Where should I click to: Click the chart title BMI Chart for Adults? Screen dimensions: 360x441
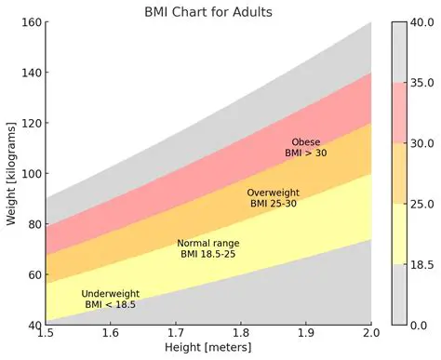pyautogui.click(x=208, y=12)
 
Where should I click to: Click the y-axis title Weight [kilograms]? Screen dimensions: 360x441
pyautogui.click(x=10, y=173)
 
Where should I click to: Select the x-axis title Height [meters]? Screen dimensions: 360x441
pyautogui.click(x=208, y=347)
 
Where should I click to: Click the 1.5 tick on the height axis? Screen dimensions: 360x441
pyautogui.click(x=45, y=332)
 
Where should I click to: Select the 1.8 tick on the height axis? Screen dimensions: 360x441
pyautogui.click(x=241, y=332)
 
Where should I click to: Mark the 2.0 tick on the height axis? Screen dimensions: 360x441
pyautogui.click(x=371, y=332)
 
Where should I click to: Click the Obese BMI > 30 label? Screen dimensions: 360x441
pyautogui.click(x=306, y=147)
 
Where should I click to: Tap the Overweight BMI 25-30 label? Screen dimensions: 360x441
pyautogui.click(x=273, y=197)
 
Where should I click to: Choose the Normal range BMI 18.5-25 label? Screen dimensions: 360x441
pyautogui.click(x=207, y=248)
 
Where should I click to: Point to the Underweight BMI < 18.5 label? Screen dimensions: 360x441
pyautogui.click(x=110, y=299)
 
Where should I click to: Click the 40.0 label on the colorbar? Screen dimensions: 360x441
pyautogui.click(x=424, y=23)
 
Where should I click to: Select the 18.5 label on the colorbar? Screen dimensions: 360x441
pyautogui.click(x=424, y=265)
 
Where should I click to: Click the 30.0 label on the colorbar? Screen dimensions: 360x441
pyautogui.click(x=424, y=143)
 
